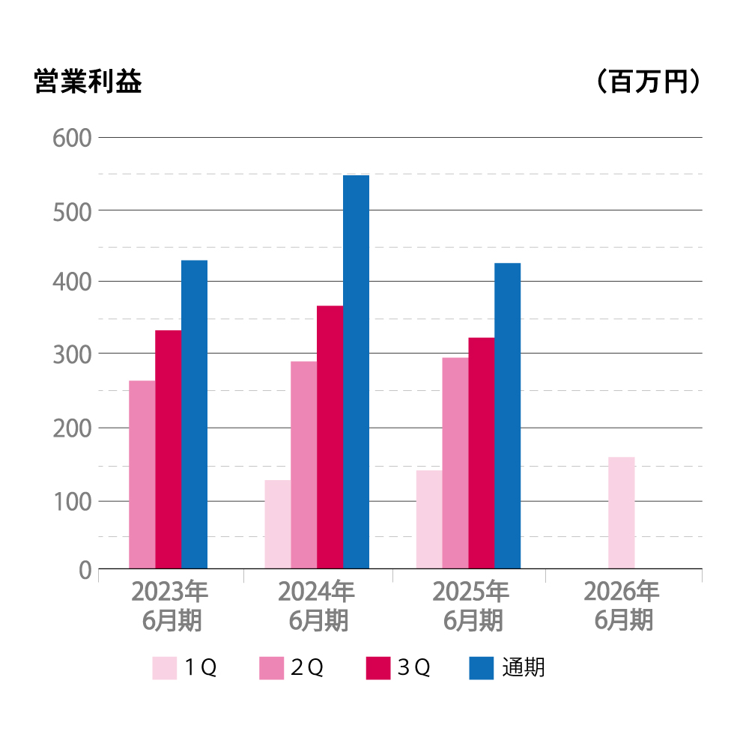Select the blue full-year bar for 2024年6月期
point(356,372)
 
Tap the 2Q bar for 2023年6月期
point(142,474)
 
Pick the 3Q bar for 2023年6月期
point(169,449)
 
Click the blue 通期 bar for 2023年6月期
point(195,414)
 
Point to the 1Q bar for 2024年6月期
point(278,524)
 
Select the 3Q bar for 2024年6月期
point(330,437)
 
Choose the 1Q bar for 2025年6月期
point(429,519)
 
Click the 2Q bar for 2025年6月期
point(455,463)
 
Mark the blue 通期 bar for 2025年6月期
point(507,416)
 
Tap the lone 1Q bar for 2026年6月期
point(622,512)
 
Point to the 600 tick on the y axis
point(72,139)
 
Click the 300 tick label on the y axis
point(72,354)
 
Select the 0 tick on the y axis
point(84,571)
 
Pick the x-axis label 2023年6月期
point(170,606)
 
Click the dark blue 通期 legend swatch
point(482,667)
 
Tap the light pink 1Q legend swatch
point(165,667)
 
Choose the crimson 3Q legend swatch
point(378,667)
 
